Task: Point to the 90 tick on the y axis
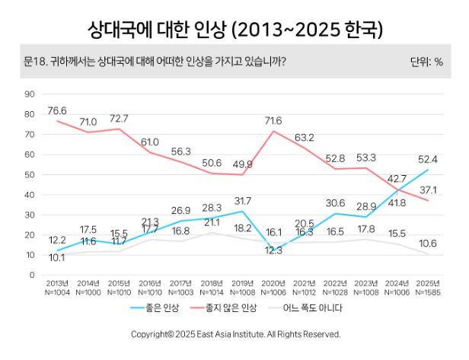[30, 94]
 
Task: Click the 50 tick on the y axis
[30, 175]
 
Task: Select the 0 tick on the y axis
[33, 276]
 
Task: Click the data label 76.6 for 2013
[58, 111]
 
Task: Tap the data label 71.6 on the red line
[273, 121]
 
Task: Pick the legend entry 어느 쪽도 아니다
[317, 308]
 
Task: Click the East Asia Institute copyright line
[235, 334]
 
